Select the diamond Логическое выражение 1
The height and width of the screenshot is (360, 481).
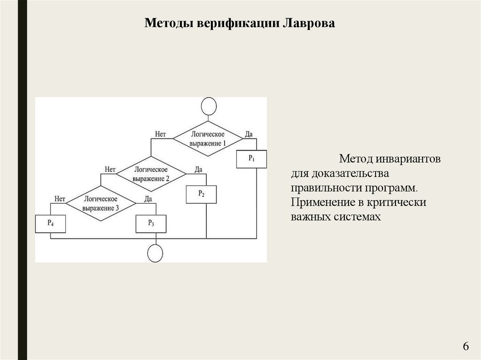click(x=208, y=138)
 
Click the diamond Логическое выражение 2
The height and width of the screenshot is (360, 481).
click(x=151, y=173)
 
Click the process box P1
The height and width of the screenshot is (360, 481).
click(x=251, y=159)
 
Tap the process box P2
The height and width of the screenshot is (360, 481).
click(x=201, y=194)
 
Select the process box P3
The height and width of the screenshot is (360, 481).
click(x=151, y=223)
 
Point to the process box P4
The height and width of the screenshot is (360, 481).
click(x=50, y=223)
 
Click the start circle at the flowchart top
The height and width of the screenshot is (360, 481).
click(x=208, y=106)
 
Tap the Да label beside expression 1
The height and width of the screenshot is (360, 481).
click(x=248, y=134)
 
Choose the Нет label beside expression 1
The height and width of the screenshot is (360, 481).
click(x=161, y=134)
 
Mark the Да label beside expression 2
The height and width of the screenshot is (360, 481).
click(x=198, y=169)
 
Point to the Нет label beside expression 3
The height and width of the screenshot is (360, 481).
click(x=60, y=199)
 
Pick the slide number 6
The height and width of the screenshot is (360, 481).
click(x=465, y=346)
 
